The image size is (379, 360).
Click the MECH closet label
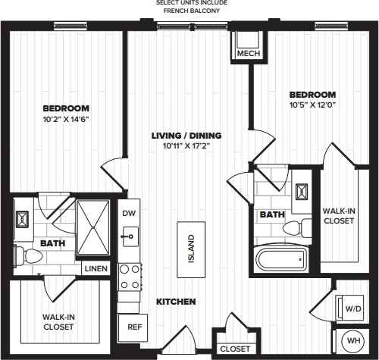[x=249, y=55]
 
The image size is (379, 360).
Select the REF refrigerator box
[x=133, y=327]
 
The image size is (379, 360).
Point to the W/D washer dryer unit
[x=352, y=308]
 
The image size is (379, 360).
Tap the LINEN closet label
[x=96, y=269]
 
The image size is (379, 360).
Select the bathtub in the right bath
[x=282, y=260]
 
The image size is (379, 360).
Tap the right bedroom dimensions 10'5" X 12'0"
[x=312, y=105]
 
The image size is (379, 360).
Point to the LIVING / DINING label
[x=186, y=136]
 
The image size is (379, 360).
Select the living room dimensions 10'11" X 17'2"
[x=186, y=146]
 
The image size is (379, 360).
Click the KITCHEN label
[x=176, y=302]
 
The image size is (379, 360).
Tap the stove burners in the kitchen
[x=129, y=277]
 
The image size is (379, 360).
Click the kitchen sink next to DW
[x=128, y=236]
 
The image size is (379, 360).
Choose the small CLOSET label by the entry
[x=233, y=349]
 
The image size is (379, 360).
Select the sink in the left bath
[x=22, y=220]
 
